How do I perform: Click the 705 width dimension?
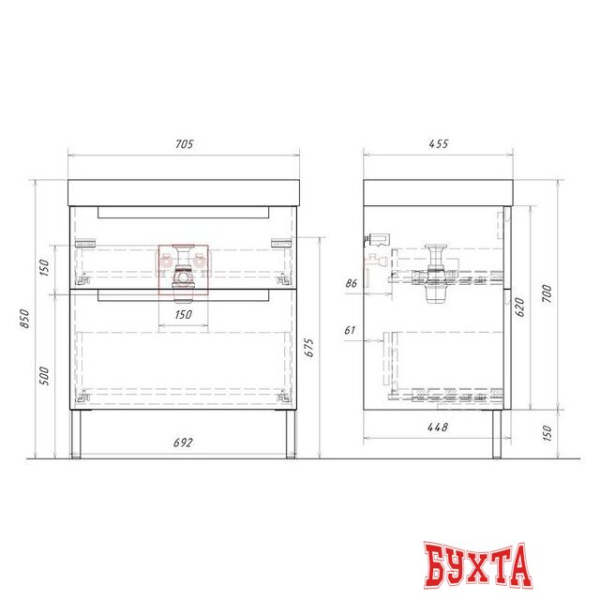(x=185, y=144)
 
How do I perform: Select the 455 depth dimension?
(x=439, y=143)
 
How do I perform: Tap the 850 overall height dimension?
(x=24, y=319)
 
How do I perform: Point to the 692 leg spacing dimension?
(x=184, y=442)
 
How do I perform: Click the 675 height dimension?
(x=308, y=348)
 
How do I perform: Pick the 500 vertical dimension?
(x=44, y=376)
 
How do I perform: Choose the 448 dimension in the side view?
(x=438, y=427)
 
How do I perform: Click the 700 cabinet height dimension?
(x=547, y=293)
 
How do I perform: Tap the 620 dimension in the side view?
(x=519, y=307)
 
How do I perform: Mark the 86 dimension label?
(x=352, y=283)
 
